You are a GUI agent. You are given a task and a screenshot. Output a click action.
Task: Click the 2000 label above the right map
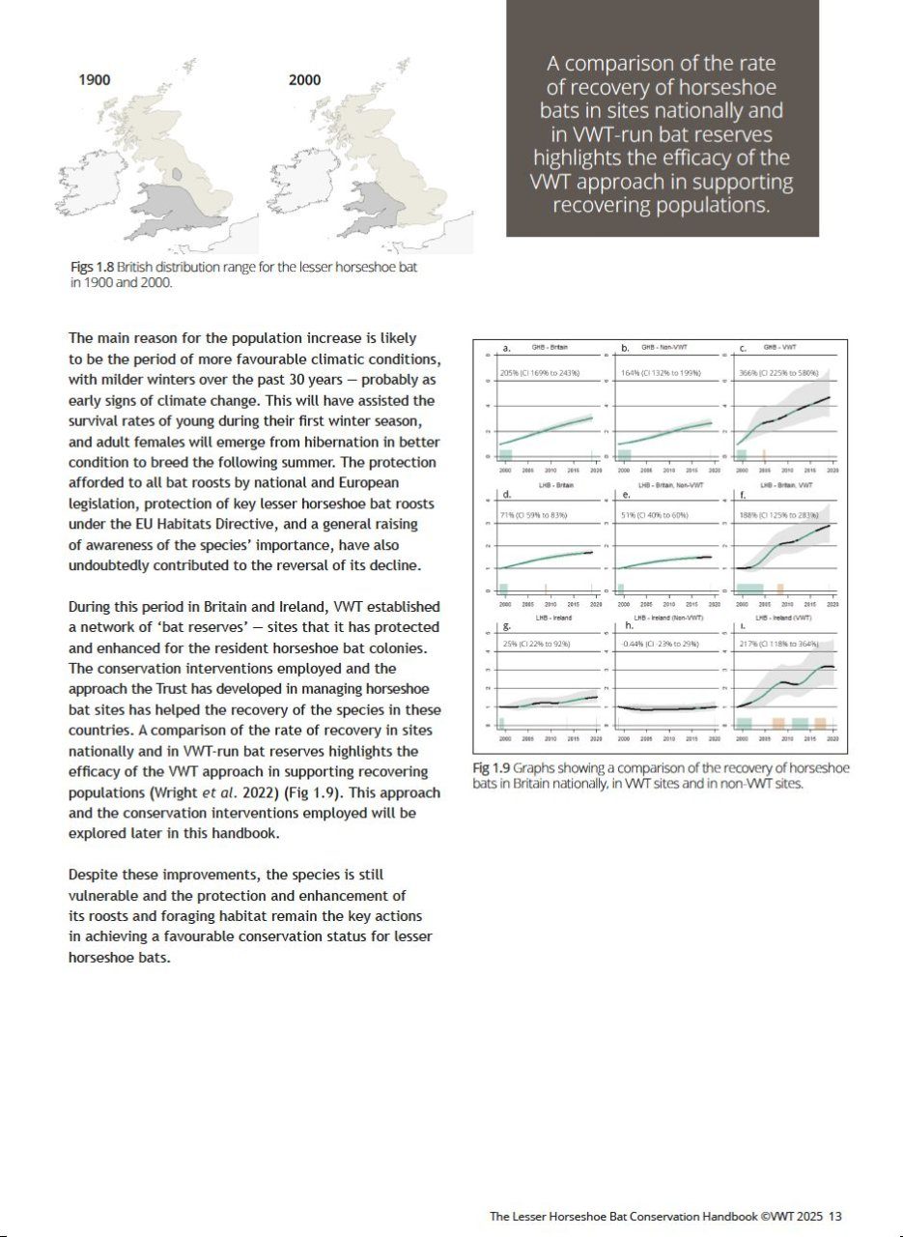pyautogui.click(x=304, y=79)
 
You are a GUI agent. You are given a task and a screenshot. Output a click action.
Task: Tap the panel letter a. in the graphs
pyautogui.click(x=506, y=348)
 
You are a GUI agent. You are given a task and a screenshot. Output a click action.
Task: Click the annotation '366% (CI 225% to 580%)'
pyautogui.click(x=778, y=373)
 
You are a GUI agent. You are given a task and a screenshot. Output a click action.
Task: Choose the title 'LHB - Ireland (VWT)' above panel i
pyautogui.click(x=783, y=617)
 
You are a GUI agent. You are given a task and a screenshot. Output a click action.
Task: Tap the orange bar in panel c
pyautogui.click(x=764, y=455)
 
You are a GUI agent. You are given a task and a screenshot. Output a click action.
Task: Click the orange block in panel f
pyautogui.click(x=780, y=589)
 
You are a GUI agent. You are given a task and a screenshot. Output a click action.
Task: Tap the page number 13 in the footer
pyautogui.click(x=835, y=1217)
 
